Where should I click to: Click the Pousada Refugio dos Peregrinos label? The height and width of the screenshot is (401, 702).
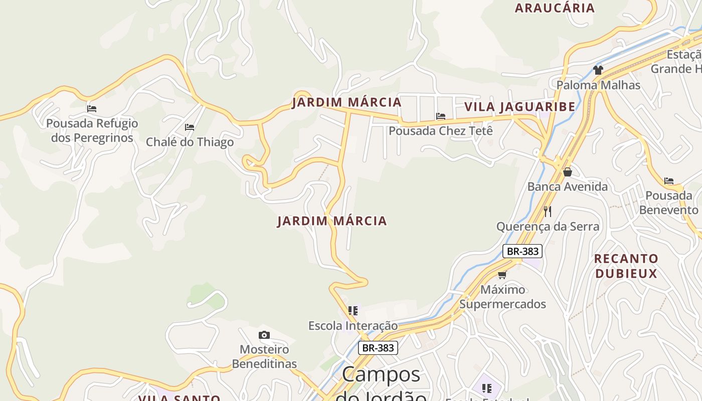[92, 130]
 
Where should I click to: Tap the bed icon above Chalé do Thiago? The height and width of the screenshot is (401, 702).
[190, 127]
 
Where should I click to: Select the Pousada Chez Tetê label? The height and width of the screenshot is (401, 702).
[441, 131]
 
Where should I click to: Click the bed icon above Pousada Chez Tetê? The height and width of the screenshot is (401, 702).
[441, 116]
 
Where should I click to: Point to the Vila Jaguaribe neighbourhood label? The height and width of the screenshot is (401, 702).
[519, 107]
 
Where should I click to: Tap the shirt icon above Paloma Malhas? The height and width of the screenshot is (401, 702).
[598, 70]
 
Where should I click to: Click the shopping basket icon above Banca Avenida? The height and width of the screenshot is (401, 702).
[567, 172]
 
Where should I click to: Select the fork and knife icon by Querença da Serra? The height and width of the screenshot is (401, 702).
[548, 212]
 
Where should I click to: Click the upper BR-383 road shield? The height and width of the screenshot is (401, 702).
[522, 251]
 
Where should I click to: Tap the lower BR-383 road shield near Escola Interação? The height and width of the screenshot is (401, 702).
[378, 348]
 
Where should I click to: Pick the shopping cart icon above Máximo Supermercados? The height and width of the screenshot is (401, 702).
[502, 275]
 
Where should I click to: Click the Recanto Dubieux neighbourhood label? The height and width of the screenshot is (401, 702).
[626, 266]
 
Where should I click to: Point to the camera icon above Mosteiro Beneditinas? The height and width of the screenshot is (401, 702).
[264, 335]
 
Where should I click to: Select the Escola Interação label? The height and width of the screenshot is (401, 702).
[353, 326]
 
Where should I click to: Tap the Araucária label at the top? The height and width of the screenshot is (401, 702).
[554, 8]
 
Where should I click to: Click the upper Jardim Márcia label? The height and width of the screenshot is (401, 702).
[347, 102]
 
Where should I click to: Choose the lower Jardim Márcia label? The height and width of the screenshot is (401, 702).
[332, 221]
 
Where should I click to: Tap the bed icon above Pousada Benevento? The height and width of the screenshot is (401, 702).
[669, 181]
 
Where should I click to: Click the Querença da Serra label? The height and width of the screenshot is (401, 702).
[548, 227]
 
